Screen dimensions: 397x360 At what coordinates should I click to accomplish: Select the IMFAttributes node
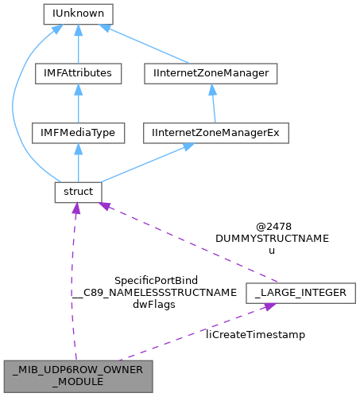pos(78,73)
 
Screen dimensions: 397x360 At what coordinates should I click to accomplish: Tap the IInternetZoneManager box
pos(212,73)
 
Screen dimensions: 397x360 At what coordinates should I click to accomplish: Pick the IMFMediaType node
pos(78,133)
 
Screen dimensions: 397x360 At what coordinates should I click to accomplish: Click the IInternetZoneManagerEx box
pos(212,133)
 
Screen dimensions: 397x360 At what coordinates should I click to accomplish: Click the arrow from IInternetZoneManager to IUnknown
pos(147,45)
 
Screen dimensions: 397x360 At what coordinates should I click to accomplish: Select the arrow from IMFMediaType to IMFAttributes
pos(78,103)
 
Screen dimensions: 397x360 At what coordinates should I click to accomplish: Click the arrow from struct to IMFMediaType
pos(78,163)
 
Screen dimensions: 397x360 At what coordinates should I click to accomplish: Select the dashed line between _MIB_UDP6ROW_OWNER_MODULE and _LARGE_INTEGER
pos(191,334)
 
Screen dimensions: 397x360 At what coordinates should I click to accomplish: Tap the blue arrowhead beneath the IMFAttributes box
pos(78,88)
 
